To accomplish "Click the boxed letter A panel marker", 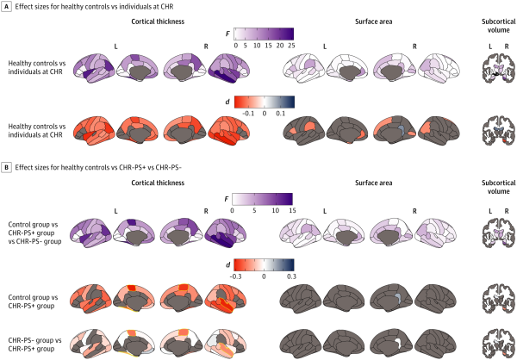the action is pos(6,6).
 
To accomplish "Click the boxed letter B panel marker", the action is pos(6,167).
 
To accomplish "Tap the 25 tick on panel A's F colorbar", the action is pos(291,46).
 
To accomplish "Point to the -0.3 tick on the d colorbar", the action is pos(235,276).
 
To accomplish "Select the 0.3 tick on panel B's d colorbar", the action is pos(291,276).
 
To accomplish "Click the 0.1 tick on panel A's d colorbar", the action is pos(281,114).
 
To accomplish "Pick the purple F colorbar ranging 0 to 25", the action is pos(264,34).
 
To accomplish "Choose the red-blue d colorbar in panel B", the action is pos(264,264).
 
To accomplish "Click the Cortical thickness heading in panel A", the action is pos(158,22).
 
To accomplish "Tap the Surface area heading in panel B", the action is pos(374,183).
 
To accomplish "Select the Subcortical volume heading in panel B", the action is pos(499,187).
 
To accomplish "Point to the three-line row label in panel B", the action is pos(34,233).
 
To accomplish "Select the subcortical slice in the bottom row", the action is pos(499,342).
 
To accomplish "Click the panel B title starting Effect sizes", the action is pos(98,167).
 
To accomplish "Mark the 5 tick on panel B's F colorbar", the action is pos(254,210).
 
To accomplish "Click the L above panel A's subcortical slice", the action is pos(490,47).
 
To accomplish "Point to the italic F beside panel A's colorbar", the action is pos(227,34).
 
